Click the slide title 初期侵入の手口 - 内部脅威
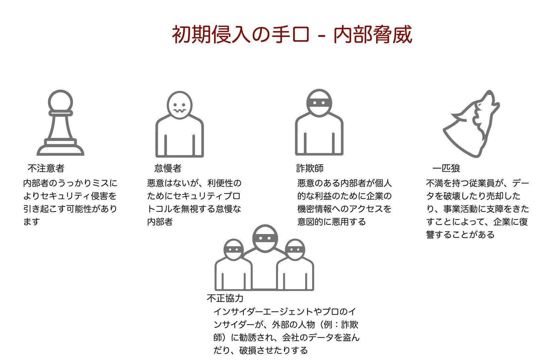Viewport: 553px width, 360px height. (292, 34)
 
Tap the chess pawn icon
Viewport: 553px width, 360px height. (60, 123)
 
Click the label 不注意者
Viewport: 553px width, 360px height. (46, 168)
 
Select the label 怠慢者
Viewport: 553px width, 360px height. (168, 168)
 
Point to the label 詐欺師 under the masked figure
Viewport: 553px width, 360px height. (310, 168)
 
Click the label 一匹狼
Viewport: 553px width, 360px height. (446, 168)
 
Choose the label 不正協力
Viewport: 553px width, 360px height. (225, 298)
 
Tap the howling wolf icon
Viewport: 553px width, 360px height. (471, 124)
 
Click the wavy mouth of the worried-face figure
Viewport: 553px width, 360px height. (179, 111)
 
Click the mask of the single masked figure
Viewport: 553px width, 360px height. (319, 102)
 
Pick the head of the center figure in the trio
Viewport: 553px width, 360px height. (265, 239)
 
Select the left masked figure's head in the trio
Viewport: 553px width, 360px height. (234, 250)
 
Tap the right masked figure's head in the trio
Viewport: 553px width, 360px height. (295, 250)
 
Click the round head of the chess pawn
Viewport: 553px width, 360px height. (60, 102)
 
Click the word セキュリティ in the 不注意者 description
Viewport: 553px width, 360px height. (65, 196)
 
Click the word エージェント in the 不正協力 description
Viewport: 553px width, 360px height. (288, 312)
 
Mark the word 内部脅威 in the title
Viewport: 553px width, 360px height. (373, 34)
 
